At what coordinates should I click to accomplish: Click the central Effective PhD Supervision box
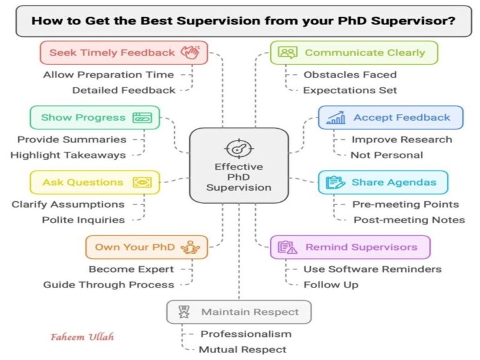pyautogui.click(x=239, y=166)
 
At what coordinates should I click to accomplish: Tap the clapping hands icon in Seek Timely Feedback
pyautogui.click(x=191, y=53)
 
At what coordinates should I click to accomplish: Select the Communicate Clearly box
pyautogui.click(x=354, y=53)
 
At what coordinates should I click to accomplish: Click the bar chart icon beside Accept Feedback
pyautogui.click(x=336, y=117)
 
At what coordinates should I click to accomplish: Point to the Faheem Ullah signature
pyautogui.click(x=82, y=337)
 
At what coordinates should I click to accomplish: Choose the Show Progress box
pyautogui.click(x=94, y=117)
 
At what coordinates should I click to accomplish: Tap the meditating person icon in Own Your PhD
pyautogui.click(x=189, y=247)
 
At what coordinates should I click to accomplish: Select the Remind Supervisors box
pyautogui.click(x=350, y=247)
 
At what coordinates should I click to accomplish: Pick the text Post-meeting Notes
pyautogui.click(x=409, y=219)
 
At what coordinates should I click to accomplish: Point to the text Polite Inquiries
pyautogui.click(x=83, y=219)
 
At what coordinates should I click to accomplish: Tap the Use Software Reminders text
pyautogui.click(x=372, y=269)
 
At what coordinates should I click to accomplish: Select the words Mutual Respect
pyautogui.click(x=242, y=349)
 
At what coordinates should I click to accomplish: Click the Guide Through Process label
pyautogui.click(x=109, y=284)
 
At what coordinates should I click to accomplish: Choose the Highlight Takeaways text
pyautogui.click(x=67, y=155)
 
